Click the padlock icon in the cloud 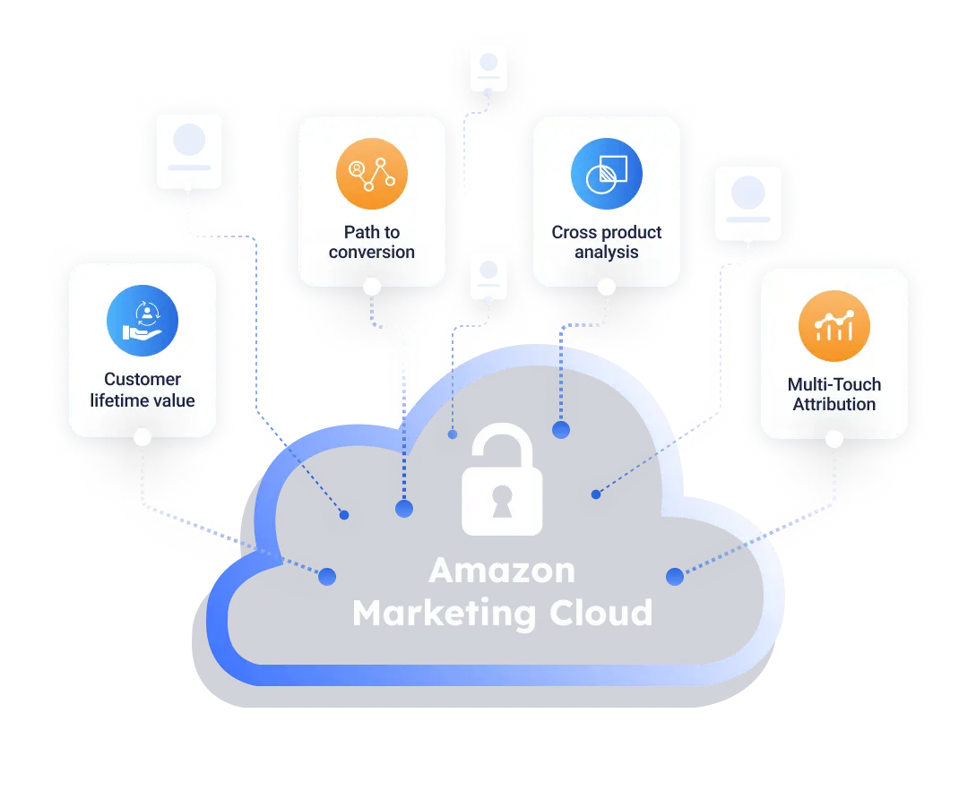(502, 481)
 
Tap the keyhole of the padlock (502, 505)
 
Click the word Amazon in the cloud (502, 571)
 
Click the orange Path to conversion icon (372, 174)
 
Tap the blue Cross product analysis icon (607, 174)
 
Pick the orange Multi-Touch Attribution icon (834, 326)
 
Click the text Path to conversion (372, 242)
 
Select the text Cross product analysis (607, 242)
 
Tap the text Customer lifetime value (143, 390)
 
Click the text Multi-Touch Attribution (834, 394)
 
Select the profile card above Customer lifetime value (189, 150)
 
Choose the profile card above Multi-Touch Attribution (748, 202)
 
